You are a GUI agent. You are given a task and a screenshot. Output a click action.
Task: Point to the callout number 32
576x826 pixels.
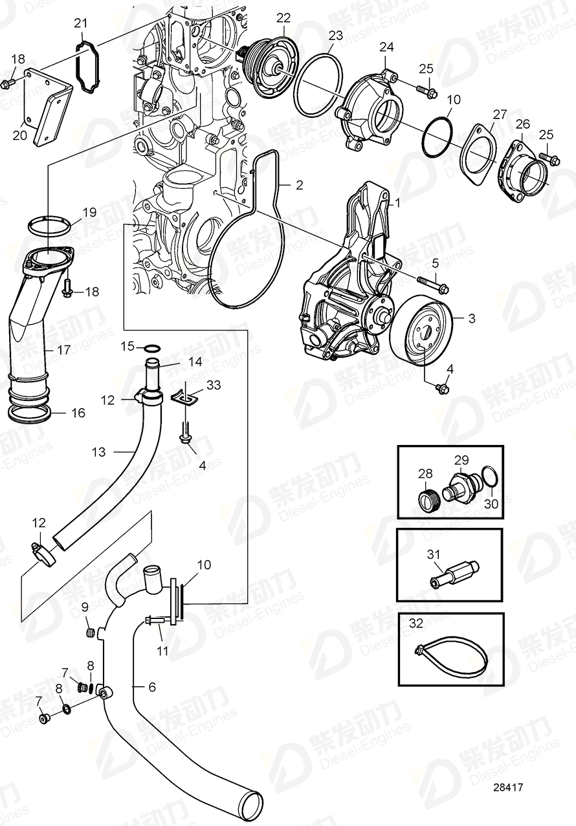[415, 624]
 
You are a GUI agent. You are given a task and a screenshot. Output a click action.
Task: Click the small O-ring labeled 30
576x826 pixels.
[491, 477]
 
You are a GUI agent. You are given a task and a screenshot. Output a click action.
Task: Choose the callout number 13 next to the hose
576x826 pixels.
[98, 452]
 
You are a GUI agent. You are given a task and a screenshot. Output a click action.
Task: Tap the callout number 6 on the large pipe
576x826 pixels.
[152, 687]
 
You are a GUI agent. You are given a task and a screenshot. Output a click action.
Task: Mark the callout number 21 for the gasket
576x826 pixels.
[80, 24]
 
